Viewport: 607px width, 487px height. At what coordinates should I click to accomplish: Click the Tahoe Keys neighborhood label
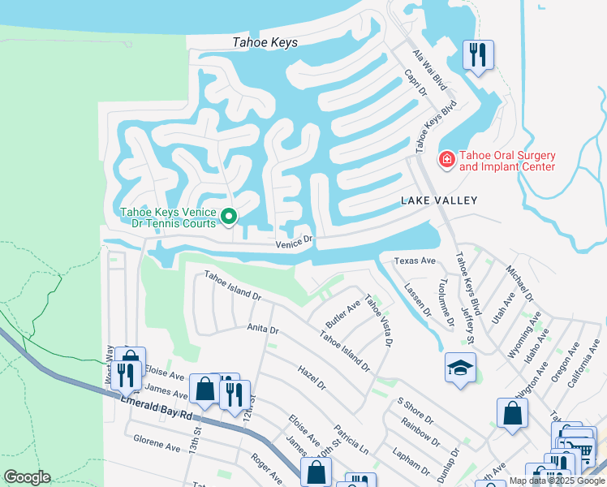click(265, 43)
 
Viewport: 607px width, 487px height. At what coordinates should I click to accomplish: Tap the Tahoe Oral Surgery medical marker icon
click(446, 160)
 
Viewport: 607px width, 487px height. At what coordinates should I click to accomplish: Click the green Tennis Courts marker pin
click(229, 217)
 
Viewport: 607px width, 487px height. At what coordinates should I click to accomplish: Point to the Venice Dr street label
click(294, 241)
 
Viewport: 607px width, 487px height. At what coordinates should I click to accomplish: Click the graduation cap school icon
click(460, 366)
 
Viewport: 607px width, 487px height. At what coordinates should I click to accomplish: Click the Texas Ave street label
click(415, 261)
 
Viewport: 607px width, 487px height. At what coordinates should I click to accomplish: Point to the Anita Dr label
click(263, 330)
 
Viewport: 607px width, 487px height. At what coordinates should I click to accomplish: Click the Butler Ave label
click(342, 312)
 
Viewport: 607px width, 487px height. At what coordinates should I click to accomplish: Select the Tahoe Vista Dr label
click(378, 320)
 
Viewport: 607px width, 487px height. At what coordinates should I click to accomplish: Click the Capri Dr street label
click(415, 84)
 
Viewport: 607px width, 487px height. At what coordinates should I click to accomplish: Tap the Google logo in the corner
click(27, 477)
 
